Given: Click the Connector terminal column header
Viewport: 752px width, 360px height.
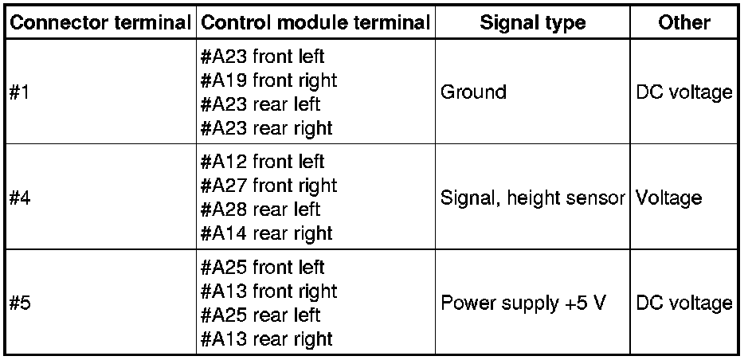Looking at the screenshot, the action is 100,22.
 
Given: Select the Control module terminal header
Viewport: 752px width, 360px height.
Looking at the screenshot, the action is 315,22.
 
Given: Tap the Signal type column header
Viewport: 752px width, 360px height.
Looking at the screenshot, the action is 532,22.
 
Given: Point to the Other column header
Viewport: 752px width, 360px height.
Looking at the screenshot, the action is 684,22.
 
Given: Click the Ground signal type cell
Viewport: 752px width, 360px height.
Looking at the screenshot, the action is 472,92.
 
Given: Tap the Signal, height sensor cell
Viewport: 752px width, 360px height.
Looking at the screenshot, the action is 532,198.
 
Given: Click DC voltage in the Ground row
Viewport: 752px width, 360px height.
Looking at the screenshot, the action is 683,92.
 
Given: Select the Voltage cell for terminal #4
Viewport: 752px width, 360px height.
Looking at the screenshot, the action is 668,198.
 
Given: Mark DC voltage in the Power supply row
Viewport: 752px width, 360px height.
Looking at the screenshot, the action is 683,303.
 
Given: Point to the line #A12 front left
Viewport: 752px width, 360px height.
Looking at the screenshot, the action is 263,162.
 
